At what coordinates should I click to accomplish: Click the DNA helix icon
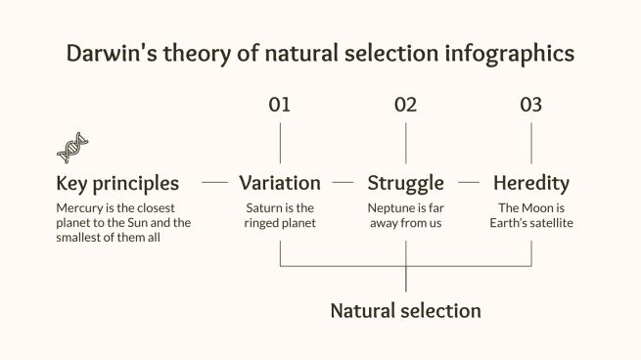click(x=72, y=147)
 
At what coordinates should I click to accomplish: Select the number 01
click(x=280, y=105)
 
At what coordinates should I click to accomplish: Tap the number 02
click(x=405, y=105)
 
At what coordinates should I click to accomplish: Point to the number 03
click(x=530, y=105)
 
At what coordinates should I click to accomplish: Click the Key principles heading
click(x=117, y=183)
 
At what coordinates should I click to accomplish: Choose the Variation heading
click(x=280, y=183)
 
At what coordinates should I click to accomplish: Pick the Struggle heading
click(x=405, y=183)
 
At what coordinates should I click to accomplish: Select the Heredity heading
click(x=530, y=183)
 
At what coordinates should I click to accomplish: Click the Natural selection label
click(x=405, y=311)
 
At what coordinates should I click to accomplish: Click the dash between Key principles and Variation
click(x=214, y=183)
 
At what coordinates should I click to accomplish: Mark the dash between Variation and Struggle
click(x=343, y=183)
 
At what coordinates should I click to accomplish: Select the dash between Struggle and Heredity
click(x=469, y=183)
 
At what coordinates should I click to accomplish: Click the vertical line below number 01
click(x=280, y=143)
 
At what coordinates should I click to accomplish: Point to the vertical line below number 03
click(x=531, y=143)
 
